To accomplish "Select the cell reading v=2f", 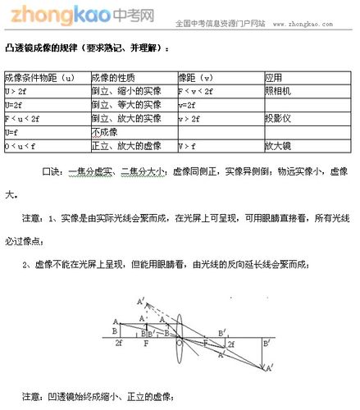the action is pos(189,105).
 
